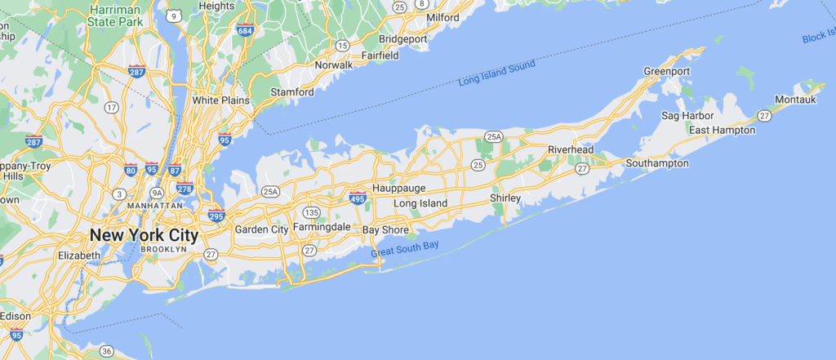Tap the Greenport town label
tap(667, 72)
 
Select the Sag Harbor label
tap(683, 116)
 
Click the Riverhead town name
tap(571, 149)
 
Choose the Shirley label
tap(505, 198)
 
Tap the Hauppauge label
tap(398, 188)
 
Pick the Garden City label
tap(261, 229)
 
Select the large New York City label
tap(144, 235)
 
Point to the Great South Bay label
tap(411, 248)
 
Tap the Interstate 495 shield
tap(357, 197)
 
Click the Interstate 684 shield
tap(244, 30)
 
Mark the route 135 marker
tap(313, 212)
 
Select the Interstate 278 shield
tap(185, 188)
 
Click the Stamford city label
tap(292, 92)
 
